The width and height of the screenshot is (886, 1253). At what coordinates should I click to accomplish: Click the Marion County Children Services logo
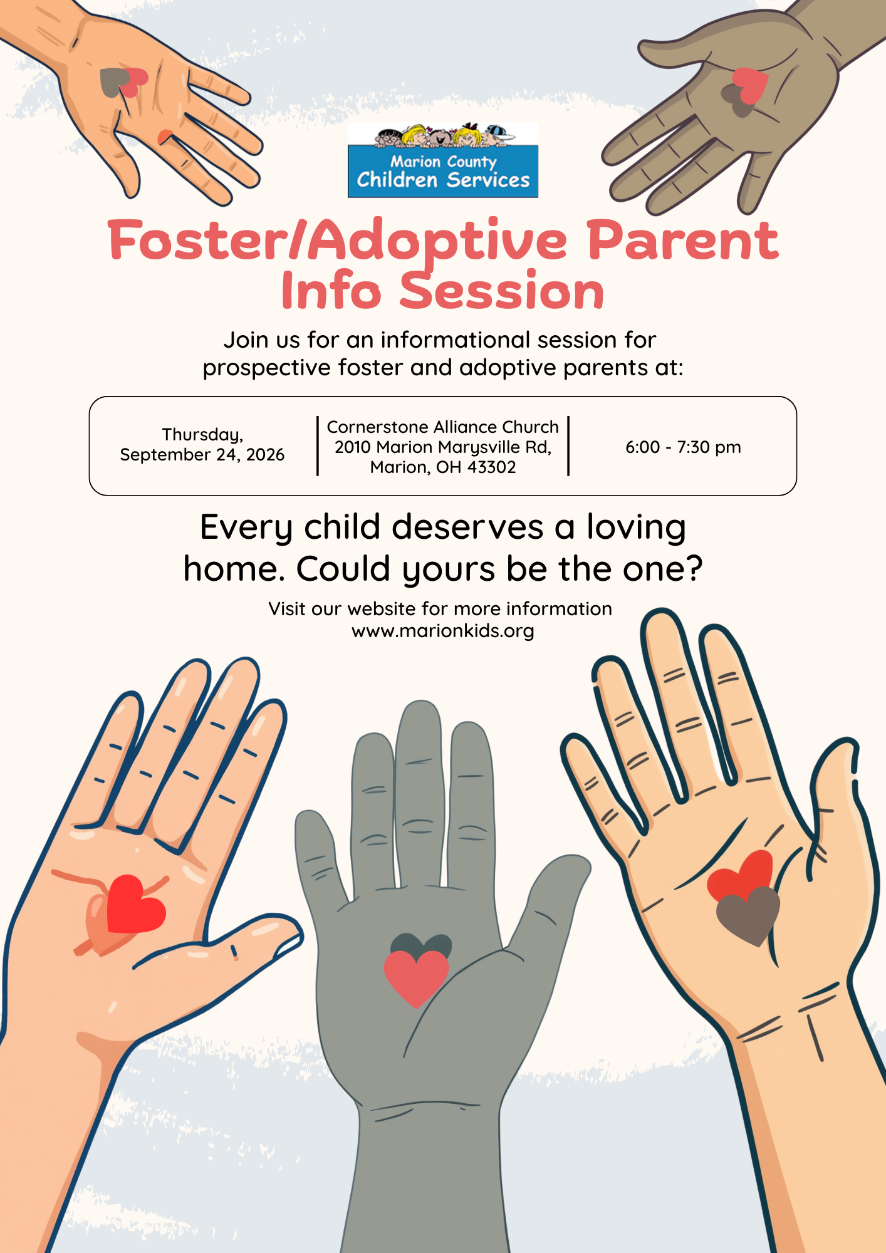click(443, 160)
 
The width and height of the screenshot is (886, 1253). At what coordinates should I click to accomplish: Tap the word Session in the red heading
click(502, 291)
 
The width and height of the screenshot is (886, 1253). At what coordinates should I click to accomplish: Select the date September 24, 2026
click(202, 455)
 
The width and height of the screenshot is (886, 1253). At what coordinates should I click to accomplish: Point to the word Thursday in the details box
click(202, 435)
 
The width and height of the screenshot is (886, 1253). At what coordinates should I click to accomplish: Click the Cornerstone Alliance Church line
click(443, 427)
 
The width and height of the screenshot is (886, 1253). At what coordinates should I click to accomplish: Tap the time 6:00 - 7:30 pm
click(683, 447)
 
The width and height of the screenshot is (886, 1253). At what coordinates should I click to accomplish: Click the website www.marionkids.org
click(443, 631)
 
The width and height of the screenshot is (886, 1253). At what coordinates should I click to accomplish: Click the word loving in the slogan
click(636, 528)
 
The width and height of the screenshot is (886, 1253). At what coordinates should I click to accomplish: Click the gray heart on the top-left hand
click(114, 83)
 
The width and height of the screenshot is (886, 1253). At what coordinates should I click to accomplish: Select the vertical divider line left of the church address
click(318, 446)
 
